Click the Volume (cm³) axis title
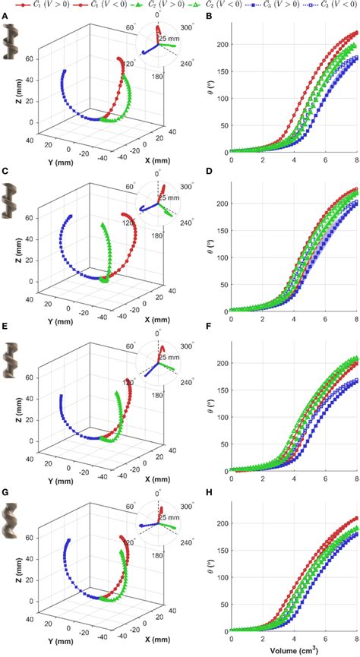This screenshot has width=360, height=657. tap(293, 651)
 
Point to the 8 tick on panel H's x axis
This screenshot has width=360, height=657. tap(355, 640)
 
